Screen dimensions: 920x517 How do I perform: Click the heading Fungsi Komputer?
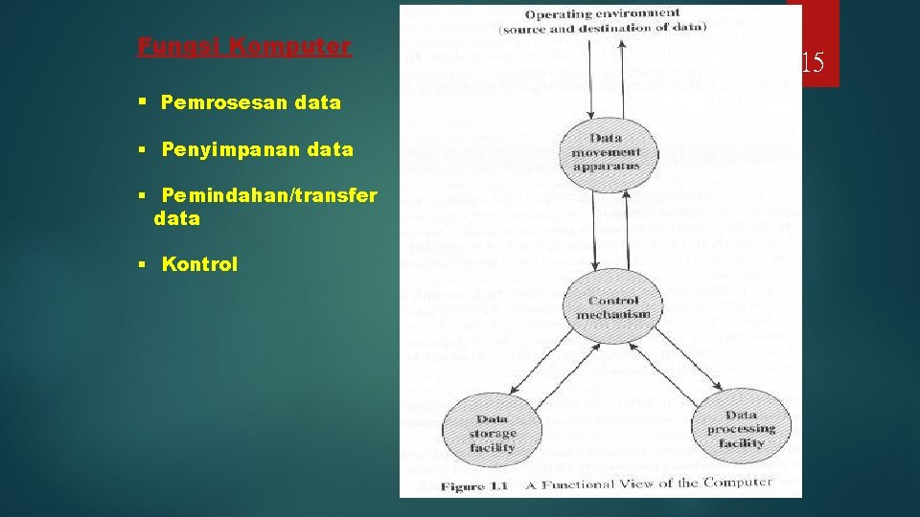click(x=244, y=46)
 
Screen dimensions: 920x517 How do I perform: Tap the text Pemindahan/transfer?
click(x=269, y=195)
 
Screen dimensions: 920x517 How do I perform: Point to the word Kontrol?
click(x=199, y=264)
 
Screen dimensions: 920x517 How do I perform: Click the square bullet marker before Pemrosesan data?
click(x=141, y=101)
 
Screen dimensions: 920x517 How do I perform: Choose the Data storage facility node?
click(x=493, y=433)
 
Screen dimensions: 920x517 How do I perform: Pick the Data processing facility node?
click(x=741, y=429)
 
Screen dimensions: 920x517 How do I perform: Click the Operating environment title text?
click(x=603, y=14)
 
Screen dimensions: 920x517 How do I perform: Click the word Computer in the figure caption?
click(x=738, y=483)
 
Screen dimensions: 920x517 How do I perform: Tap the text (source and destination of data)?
click(x=603, y=30)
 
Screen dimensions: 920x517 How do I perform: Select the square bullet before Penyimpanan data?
click(x=141, y=149)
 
